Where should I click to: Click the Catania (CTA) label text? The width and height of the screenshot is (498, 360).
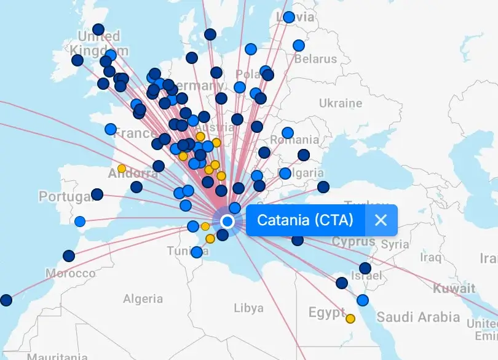pyautogui.click(x=305, y=220)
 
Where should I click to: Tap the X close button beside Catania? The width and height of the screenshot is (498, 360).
pyautogui.click(x=381, y=220)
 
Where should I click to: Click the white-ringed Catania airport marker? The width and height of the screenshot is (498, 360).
pyautogui.click(x=227, y=221)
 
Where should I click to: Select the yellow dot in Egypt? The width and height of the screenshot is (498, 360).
pyautogui.click(x=350, y=319)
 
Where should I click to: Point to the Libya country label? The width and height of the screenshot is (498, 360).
pyautogui.click(x=249, y=308)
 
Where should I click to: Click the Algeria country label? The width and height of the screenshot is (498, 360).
pyautogui.click(x=143, y=299)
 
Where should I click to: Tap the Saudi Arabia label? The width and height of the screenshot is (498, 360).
pyautogui.click(x=418, y=318)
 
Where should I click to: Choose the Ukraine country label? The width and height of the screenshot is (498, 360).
pyautogui.click(x=340, y=103)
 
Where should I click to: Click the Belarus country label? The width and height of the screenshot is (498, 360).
pyautogui.click(x=315, y=59)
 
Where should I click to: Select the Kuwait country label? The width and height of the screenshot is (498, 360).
pyautogui.click(x=454, y=288)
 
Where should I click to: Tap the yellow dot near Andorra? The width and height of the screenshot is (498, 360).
pyautogui.click(x=122, y=168)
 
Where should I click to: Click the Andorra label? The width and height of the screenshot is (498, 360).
pyautogui.click(x=133, y=174)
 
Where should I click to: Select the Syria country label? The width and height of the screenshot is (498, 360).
pyautogui.click(x=395, y=244)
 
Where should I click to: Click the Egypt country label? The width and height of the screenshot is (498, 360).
pyautogui.click(x=327, y=313)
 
